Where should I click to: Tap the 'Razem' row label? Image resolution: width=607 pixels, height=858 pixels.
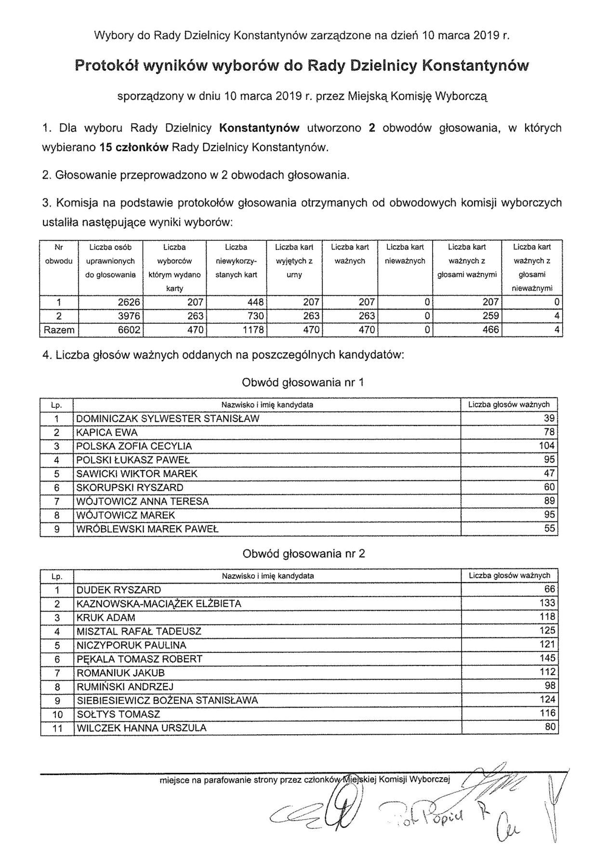pyautogui.click(x=59, y=330)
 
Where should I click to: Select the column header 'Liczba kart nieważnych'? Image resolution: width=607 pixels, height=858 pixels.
pyautogui.click(x=405, y=254)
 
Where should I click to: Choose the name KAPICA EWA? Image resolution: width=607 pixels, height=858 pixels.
pyautogui.click(x=107, y=432)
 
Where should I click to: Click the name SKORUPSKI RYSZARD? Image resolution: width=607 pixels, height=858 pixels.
pyautogui.click(x=130, y=488)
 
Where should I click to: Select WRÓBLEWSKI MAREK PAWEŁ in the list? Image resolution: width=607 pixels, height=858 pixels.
pyautogui.click(x=147, y=529)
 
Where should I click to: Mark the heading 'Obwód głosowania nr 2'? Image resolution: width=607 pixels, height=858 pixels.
pyautogui.click(x=303, y=554)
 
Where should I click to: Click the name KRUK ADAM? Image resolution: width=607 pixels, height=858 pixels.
pyautogui.click(x=106, y=618)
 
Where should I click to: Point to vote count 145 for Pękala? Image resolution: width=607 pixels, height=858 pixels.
pyautogui.click(x=547, y=658)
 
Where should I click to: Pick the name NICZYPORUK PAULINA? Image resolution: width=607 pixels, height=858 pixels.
pyautogui.click(x=131, y=645)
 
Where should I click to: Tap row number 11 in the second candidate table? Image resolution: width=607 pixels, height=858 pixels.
pyautogui.click(x=57, y=728)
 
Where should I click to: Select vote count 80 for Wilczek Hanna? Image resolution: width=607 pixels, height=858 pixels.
pyautogui.click(x=550, y=727)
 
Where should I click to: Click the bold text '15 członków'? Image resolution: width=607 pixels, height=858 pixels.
pyautogui.click(x=133, y=148)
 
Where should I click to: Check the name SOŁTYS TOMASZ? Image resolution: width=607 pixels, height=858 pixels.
pyautogui.click(x=118, y=714)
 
